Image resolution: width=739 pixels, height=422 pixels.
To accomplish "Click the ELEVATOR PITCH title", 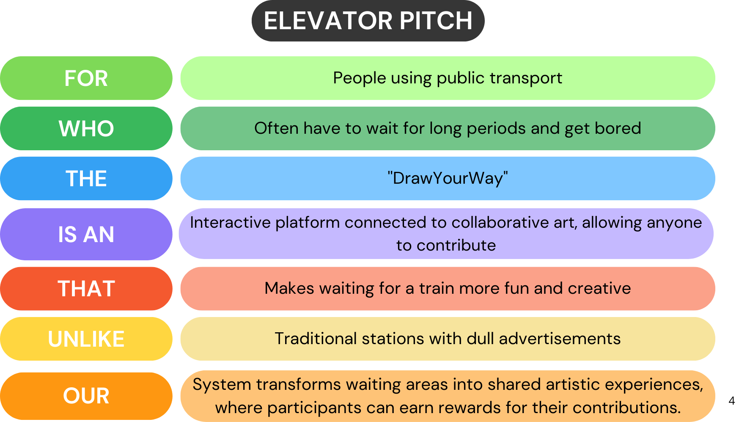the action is (368, 21).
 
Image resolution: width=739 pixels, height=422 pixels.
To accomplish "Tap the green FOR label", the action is (86, 78).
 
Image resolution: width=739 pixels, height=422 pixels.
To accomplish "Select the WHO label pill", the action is (86, 128).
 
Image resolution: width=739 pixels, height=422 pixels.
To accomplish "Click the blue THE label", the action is (86, 179).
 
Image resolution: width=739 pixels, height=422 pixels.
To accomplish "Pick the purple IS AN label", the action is (86, 234).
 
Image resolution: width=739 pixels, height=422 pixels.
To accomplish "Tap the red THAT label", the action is (86, 289).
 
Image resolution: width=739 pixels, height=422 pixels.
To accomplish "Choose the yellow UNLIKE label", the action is (86, 339).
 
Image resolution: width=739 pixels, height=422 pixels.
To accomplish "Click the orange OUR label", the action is (86, 396).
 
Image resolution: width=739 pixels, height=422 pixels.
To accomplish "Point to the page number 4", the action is (732, 401).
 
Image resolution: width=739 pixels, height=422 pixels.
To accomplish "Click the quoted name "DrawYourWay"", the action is (448, 178).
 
